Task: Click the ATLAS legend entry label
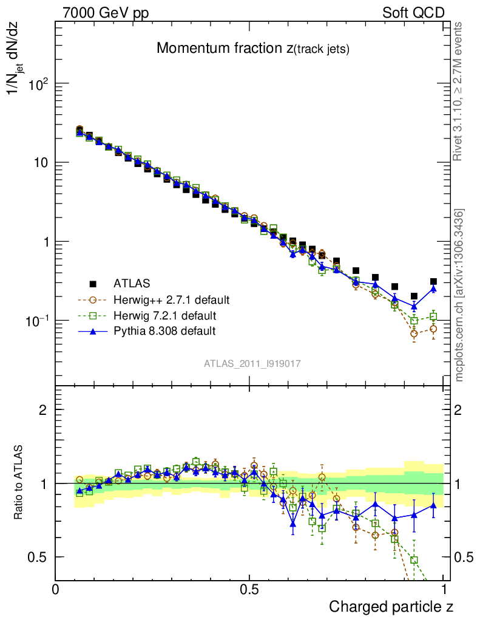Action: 132,283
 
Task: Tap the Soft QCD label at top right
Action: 413,12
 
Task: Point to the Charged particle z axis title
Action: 391,606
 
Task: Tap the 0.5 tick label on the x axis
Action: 249,590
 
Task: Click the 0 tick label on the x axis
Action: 56,590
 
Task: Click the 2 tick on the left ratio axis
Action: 43,409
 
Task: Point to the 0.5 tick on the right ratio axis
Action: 465,557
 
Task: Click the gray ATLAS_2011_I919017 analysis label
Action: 252,363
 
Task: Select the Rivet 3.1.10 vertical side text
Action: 459,91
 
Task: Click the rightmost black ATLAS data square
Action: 433,282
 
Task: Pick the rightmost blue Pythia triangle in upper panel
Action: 433,288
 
